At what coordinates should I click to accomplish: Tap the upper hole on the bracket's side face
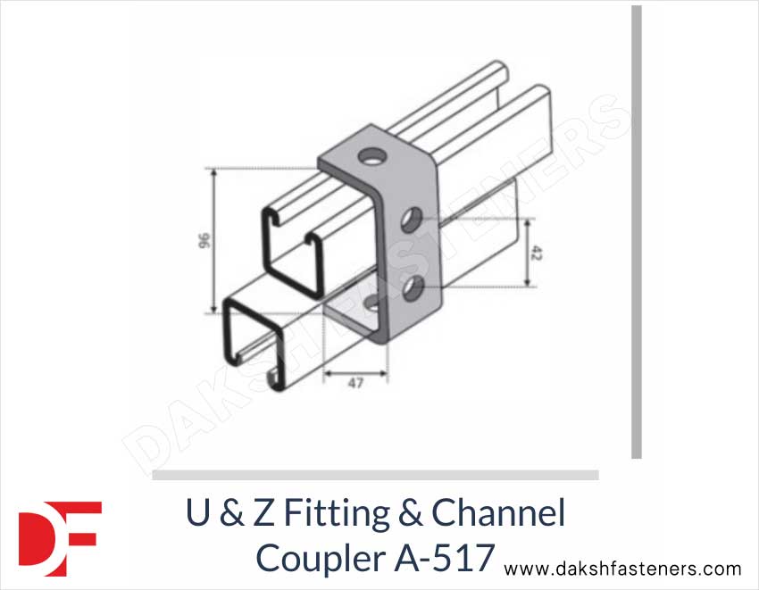click(x=413, y=218)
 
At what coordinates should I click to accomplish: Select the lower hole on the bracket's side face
click(x=413, y=287)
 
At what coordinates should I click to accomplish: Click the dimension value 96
click(x=203, y=240)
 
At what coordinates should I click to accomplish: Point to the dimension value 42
click(x=536, y=253)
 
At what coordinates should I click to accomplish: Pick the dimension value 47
click(x=355, y=384)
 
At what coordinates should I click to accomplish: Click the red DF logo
click(x=60, y=536)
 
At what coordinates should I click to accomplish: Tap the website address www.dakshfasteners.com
click(x=622, y=569)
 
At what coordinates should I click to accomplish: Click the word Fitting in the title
click(x=339, y=514)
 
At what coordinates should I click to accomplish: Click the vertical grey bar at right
click(x=637, y=232)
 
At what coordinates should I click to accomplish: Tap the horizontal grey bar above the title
click(x=375, y=475)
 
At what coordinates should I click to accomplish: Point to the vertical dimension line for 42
click(x=528, y=253)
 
